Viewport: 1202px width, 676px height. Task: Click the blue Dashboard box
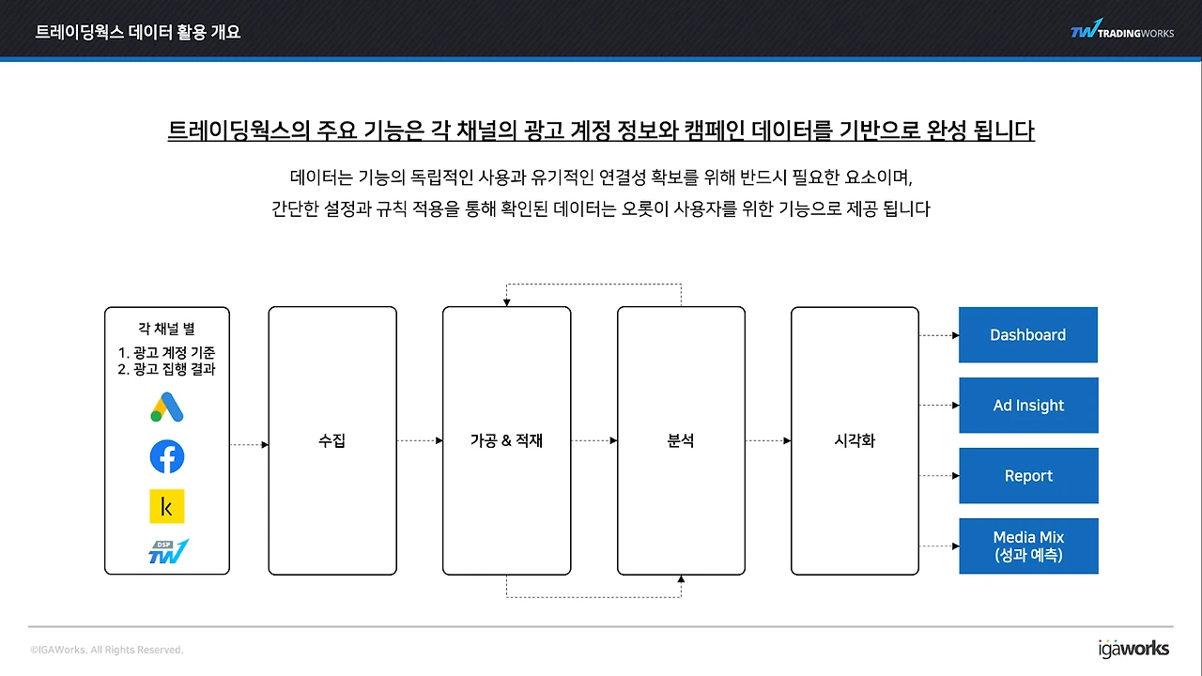point(1028,335)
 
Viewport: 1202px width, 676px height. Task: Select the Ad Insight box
point(1028,405)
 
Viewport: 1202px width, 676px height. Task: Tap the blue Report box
point(1028,475)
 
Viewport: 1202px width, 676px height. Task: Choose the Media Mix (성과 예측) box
point(1028,545)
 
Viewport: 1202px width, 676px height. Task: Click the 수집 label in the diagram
point(332,440)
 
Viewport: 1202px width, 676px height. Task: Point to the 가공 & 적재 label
point(506,440)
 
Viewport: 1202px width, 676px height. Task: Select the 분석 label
point(681,440)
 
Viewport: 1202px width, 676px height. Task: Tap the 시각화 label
point(855,440)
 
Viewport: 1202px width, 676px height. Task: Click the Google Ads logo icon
point(167,407)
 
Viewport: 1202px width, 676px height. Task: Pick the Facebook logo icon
point(167,456)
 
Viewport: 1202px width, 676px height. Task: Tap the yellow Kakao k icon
point(167,506)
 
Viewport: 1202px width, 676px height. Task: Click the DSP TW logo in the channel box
point(168,551)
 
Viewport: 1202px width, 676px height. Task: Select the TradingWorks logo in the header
point(1122,29)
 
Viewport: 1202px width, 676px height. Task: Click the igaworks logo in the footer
point(1133,649)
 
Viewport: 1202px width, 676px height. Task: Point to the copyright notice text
point(107,650)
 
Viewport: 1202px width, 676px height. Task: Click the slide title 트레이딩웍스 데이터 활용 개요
point(138,32)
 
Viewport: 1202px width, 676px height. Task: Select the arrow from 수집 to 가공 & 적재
point(420,440)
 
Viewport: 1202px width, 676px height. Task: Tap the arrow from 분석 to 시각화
point(768,440)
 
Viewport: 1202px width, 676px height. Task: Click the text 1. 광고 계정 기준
point(166,352)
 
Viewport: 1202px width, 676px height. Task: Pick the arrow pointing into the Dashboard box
point(939,335)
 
